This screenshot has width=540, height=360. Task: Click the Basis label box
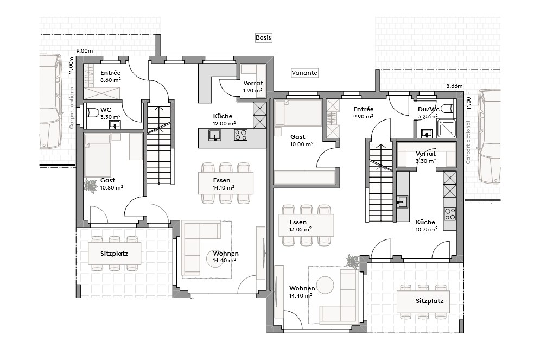pyautogui.click(x=263, y=37)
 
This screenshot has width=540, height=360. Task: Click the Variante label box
pyautogui.click(x=304, y=72)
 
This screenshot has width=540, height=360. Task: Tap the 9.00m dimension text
pyautogui.click(x=85, y=50)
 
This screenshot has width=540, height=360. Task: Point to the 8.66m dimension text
pyautogui.click(x=454, y=86)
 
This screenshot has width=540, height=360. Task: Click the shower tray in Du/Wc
pyautogui.click(x=446, y=128)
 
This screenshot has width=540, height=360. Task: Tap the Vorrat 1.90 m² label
pyautogui.click(x=252, y=86)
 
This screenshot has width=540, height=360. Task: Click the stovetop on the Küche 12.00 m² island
pyautogui.click(x=241, y=134)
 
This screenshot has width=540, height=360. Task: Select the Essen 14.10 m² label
pyautogui.click(x=222, y=184)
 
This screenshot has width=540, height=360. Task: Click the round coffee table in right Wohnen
pyautogui.click(x=325, y=285)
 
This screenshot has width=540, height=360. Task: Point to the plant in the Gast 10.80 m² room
pyautogui.click(x=90, y=185)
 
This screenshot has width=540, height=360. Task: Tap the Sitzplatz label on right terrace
pyautogui.click(x=430, y=300)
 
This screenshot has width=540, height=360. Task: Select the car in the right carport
pyautogui.click(x=490, y=137)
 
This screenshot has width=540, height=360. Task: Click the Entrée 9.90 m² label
pyautogui.click(x=363, y=112)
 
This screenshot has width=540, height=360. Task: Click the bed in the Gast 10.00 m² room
pyautogui.click(x=297, y=115)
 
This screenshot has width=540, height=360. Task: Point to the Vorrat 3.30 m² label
pyautogui.click(x=426, y=157)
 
